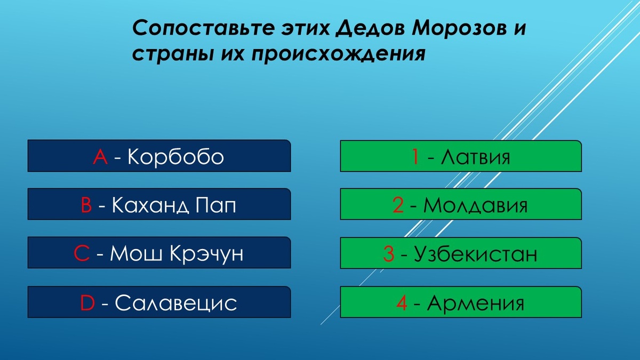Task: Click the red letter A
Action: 100,157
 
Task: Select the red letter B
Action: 86,205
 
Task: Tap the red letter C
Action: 82,254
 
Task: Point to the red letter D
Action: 87,303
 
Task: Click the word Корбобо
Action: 175,157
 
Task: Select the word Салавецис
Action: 175,303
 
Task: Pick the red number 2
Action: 398,205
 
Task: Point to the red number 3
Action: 389,254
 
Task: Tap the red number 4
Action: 402,303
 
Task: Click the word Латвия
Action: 475,157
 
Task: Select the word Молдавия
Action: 475,205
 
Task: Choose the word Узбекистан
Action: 475,254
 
